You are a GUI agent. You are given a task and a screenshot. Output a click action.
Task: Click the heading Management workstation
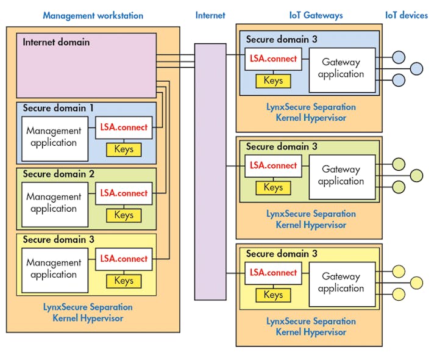93,15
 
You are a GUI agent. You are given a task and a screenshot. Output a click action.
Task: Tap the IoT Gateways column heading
316,15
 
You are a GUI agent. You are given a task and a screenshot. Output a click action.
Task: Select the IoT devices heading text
406,15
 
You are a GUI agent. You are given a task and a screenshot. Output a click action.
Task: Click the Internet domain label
56,43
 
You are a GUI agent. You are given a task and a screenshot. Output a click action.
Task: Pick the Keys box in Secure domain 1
124,149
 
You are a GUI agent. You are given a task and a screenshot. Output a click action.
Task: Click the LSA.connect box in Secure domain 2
124,193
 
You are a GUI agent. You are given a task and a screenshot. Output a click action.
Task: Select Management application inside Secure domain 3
54,268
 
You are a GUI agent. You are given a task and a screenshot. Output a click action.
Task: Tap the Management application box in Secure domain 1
54,137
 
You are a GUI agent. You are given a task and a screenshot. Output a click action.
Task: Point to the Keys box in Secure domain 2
124,215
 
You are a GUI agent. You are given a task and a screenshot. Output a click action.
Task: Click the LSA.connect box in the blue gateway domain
274,60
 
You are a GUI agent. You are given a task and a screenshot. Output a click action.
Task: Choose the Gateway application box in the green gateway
341,176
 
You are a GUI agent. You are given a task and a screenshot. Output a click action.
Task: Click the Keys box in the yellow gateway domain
273,295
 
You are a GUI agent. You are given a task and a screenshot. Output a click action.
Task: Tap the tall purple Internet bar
210,171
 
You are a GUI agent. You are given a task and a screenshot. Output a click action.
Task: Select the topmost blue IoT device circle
399,57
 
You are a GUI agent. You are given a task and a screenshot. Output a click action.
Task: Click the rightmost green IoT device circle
416,176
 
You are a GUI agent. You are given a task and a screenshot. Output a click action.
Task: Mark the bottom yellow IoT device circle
399,295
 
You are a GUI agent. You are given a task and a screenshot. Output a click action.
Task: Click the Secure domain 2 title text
59,174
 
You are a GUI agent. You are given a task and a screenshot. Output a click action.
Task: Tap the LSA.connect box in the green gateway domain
274,166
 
